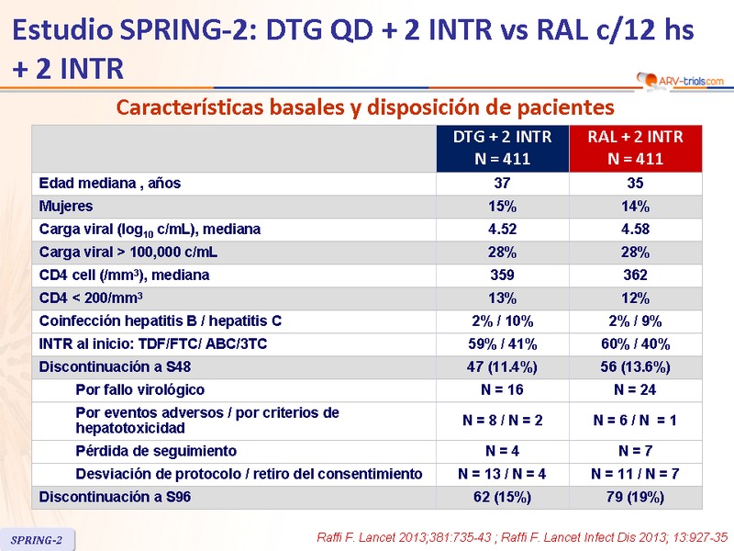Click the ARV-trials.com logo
click(678, 82)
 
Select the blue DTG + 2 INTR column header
click(503, 147)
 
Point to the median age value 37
click(503, 183)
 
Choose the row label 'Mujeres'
click(66, 206)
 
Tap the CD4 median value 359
click(503, 275)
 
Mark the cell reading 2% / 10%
click(503, 320)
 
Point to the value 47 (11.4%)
click(503, 366)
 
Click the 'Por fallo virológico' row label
click(139, 389)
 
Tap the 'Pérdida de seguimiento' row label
click(156, 451)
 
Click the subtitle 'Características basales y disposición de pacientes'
click(364, 107)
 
